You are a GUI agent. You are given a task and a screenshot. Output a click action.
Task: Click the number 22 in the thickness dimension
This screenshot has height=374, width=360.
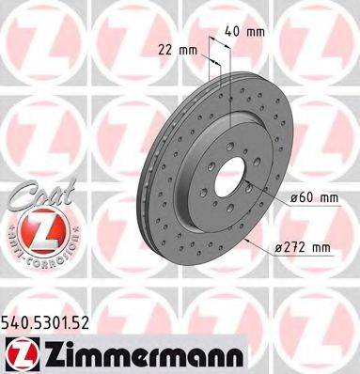click(163, 48)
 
